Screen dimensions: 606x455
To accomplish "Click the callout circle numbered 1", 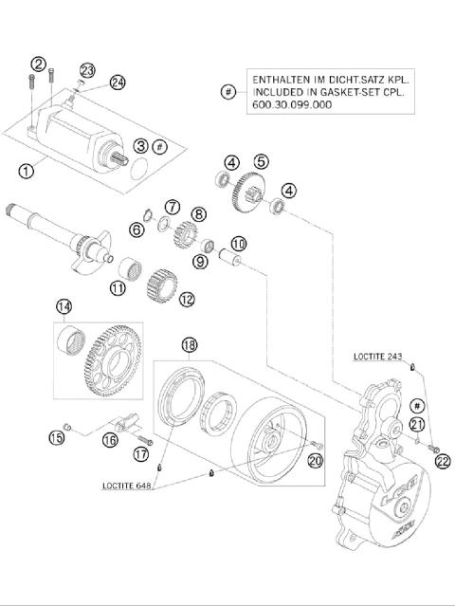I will click(x=26, y=171).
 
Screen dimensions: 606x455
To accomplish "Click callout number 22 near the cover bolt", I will click(x=442, y=461).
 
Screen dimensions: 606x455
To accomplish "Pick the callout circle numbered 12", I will click(x=186, y=299).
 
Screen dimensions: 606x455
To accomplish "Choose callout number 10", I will click(x=238, y=244).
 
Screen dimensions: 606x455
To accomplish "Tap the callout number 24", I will click(x=118, y=82).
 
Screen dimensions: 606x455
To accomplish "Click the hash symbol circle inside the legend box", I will click(x=227, y=92).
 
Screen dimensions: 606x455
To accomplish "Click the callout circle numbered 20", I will click(x=316, y=460).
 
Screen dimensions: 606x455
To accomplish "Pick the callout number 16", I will click(x=110, y=440).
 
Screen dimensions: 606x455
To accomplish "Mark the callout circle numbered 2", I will click(x=39, y=64).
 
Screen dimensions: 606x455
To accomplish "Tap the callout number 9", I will click(x=201, y=262).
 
